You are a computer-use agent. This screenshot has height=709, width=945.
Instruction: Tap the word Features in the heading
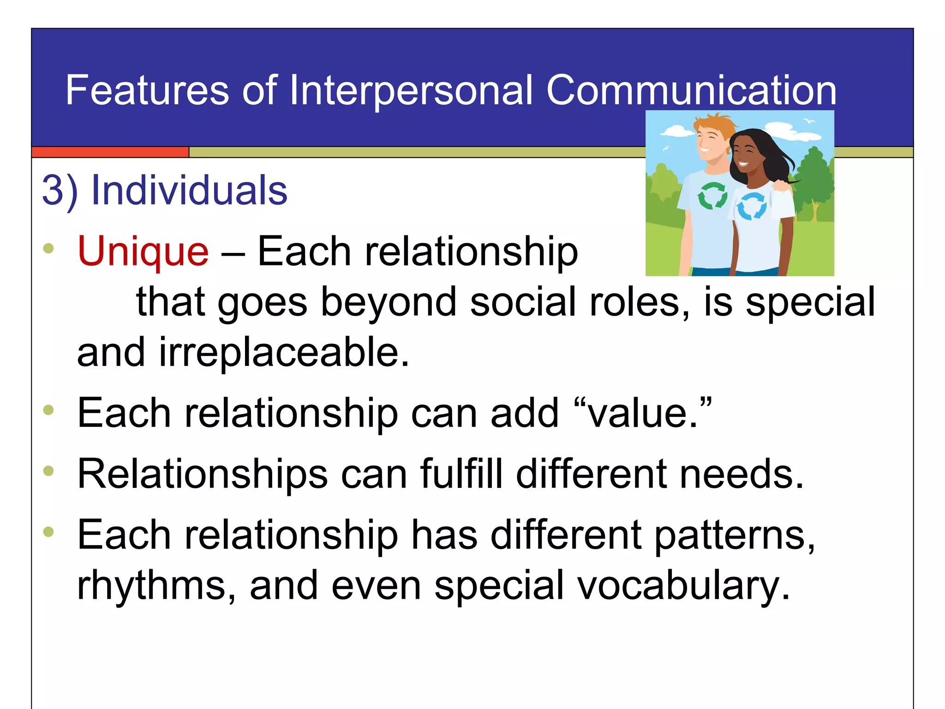(x=147, y=90)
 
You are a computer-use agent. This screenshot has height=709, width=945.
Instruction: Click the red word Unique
(x=143, y=252)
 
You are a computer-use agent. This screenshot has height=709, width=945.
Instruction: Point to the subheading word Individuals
(x=189, y=190)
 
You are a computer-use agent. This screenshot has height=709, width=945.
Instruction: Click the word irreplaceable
(x=284, y=353)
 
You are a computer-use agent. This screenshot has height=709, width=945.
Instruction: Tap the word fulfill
(x=461, y=474)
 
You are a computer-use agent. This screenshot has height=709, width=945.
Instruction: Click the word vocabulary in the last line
(x=683, y=585)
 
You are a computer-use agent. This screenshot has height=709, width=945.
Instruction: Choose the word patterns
(x=734, y=535)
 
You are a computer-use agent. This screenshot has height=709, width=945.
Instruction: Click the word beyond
(x=388, y=302)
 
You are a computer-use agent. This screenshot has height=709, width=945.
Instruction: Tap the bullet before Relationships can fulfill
(x=48, y=471)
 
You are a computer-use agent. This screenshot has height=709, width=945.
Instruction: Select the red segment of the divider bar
(x=110, y=152)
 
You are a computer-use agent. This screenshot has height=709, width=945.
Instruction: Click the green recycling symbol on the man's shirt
(x=712, y=195)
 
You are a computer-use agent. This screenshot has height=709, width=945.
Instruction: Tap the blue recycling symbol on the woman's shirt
(x=752, y=206)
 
